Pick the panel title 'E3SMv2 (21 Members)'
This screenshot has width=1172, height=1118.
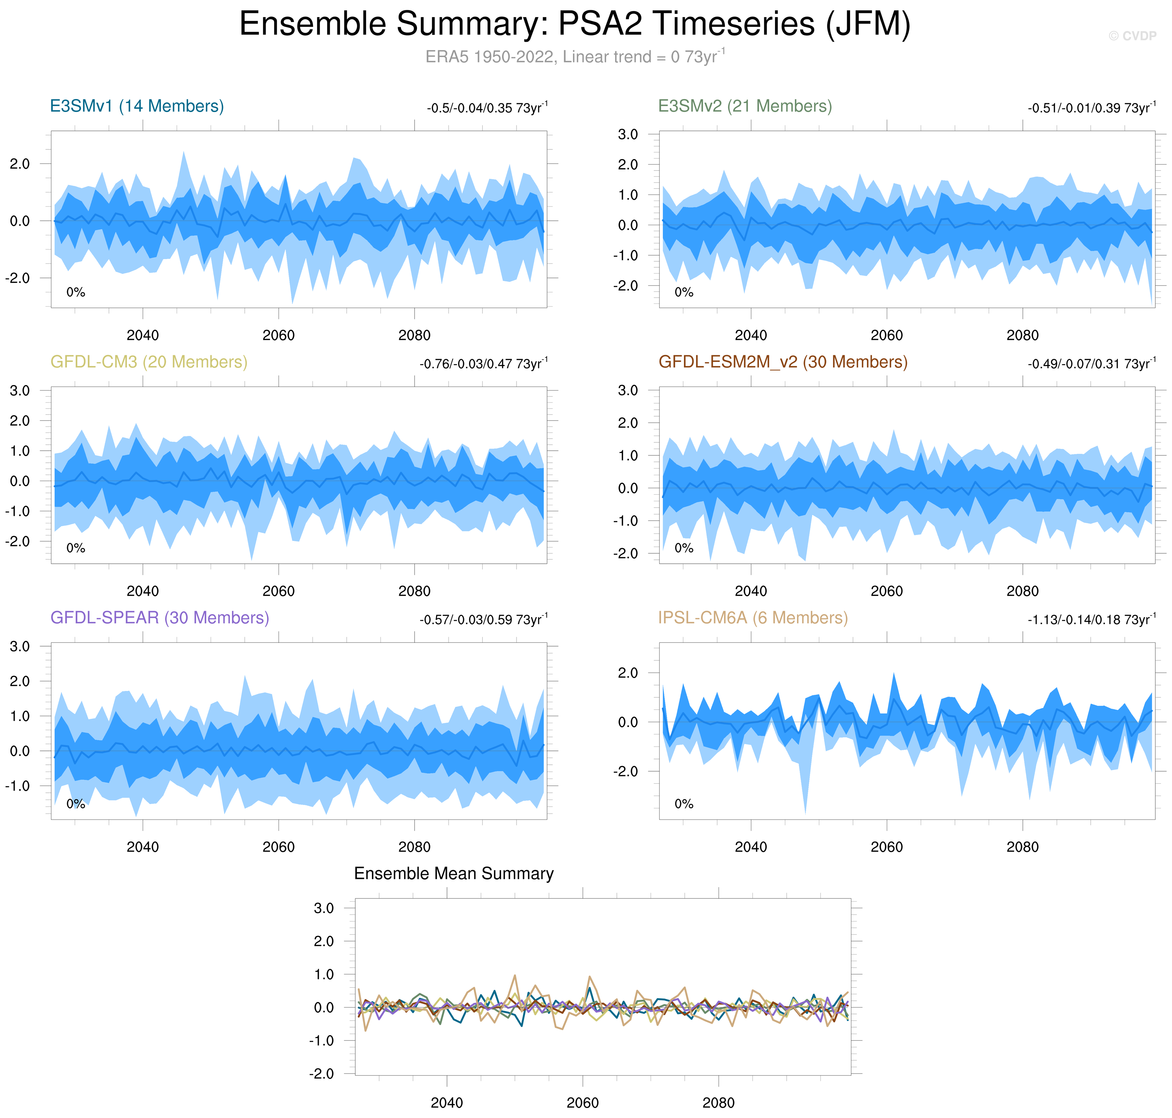[x=744, y=106]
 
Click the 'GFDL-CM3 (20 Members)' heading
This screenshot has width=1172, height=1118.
[x=149, y=362]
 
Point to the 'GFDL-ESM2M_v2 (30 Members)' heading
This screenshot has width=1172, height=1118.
[x=783, y=362]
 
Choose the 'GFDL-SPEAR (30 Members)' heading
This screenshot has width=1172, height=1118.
[x=160, y=618]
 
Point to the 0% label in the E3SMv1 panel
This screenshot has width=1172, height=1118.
[x=76, y=292]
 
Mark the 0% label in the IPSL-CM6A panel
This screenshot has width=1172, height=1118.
[x=684, y=804]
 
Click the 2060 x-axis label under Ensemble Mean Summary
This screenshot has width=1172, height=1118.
[x=582, y=1103]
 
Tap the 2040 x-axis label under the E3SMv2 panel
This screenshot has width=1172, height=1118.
[x=751, y=335]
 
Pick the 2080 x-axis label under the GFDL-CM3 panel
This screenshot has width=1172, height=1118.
[x=414, y=591]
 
